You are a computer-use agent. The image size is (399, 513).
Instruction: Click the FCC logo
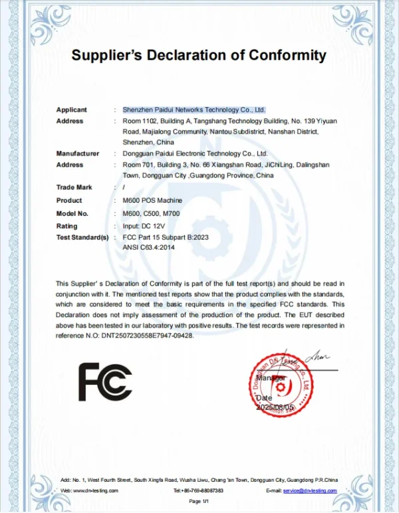(105, 381)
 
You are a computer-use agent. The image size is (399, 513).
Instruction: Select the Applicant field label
(71, 110)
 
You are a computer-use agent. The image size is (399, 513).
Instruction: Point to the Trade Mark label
(74, 188)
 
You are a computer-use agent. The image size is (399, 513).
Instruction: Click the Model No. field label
(72, 213)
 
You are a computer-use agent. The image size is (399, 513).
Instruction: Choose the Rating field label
(67, 225)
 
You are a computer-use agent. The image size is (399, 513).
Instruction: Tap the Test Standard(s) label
(82, 237)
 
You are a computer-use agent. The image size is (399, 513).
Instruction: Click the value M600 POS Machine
(152, 201)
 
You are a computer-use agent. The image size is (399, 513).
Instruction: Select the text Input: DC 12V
(144, 225)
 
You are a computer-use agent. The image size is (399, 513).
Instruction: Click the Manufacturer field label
(77, 154)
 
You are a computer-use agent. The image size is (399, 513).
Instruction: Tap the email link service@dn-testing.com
(310, 490)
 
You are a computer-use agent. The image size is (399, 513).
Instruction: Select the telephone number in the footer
(198, 490)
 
